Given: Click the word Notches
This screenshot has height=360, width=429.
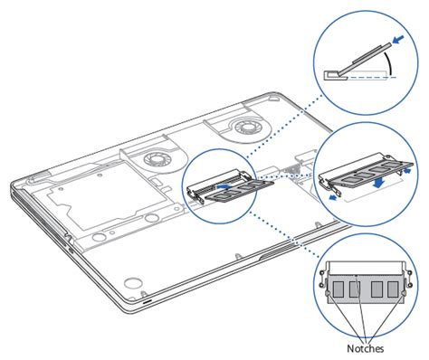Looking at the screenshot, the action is coord(365,348).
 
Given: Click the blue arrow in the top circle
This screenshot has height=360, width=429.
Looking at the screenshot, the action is coord(398,39).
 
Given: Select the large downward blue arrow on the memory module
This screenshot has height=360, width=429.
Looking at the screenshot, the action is coord(379,183).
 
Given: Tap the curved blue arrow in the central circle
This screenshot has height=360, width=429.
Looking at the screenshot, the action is coord(224,186).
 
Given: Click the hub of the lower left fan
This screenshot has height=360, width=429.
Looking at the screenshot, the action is coord(154,158).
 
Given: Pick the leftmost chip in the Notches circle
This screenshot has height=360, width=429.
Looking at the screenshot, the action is coord(338,289).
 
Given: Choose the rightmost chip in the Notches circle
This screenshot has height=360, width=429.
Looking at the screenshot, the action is coord(393,289).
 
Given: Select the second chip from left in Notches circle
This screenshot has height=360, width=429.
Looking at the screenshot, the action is coord(355,289).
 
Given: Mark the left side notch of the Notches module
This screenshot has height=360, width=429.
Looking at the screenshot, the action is coord(328,293).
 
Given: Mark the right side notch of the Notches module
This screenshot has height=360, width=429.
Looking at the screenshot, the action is coord(404,293).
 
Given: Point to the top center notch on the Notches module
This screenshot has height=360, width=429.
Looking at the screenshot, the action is coord(357,275).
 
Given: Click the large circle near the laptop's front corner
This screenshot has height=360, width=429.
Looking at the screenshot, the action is coord(133,283).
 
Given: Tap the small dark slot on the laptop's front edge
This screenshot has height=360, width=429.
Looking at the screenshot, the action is coord(148,301).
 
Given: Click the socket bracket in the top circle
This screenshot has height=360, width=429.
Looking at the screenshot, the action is coord(335,75).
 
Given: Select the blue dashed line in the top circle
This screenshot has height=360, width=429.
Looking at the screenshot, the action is coord(371,78).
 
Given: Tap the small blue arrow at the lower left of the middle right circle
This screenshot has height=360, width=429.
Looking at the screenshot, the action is coord(333,197).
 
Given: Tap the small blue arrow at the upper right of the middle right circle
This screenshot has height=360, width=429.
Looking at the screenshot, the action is coord(407,171).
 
